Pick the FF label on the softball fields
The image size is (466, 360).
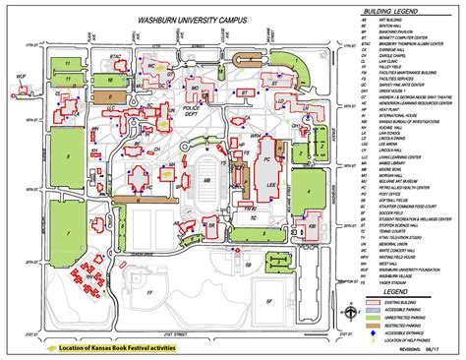coord(148,292)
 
